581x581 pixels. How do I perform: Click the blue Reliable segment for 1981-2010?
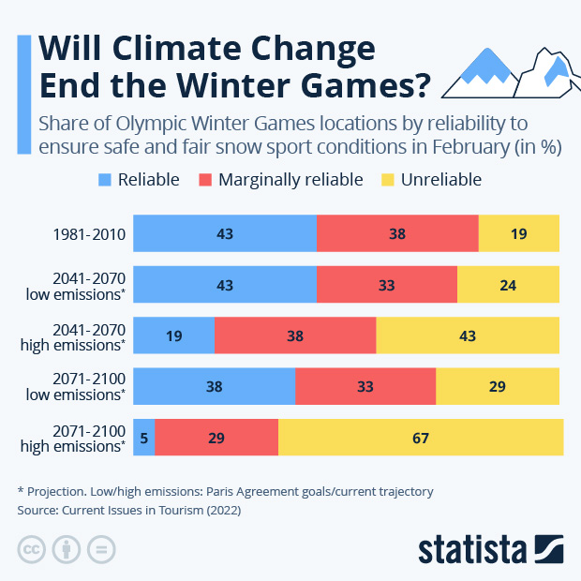tap(224, 233)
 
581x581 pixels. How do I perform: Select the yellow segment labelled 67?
tap(421, 438)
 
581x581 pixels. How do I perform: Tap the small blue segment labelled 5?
tap(143, 438)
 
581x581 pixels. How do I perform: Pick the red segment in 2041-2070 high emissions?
tap(295, 335)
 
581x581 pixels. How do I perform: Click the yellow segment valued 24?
tap(508, 284)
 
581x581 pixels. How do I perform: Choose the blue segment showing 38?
tap(214, 386)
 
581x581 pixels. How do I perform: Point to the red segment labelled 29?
tap(216, 438)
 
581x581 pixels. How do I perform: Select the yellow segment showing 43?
tap(468, 335)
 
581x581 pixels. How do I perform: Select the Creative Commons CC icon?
tap(32, 549)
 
